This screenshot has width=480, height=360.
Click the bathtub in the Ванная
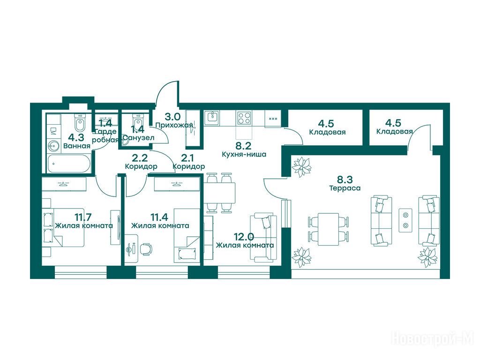68,163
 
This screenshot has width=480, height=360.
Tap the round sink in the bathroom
54,146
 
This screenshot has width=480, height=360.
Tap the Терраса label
345,188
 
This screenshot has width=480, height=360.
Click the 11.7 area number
83,217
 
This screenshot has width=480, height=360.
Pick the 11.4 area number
159,217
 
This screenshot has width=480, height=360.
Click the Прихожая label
174,125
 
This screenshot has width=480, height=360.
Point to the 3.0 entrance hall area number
172,117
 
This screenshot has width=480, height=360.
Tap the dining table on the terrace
328,229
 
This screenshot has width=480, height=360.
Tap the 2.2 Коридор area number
140,158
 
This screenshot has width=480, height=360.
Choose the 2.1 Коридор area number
187,158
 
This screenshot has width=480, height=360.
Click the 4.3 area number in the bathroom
76,137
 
